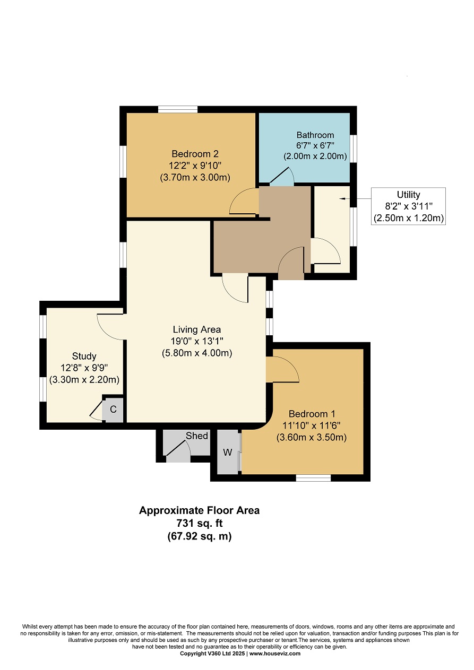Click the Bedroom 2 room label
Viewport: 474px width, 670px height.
point(195,154)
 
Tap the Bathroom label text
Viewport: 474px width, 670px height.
point(315,135)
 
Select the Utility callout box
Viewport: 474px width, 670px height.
point(408,206)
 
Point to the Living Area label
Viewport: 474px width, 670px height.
point(196,329)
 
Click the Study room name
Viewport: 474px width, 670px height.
point(84,356)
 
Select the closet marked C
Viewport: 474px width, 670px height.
point(113,409)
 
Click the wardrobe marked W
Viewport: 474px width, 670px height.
point(228,453)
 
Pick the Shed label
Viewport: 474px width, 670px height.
point(196,436)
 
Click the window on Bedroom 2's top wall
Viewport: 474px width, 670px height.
point(178,109)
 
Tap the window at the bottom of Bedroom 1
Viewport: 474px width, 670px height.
point(313,478)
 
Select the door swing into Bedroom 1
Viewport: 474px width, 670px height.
point(283,369)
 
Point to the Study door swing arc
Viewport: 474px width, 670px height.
point(110,327)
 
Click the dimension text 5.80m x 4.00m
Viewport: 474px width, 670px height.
point(197,353)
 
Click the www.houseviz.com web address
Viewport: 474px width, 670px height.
point(275,662)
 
